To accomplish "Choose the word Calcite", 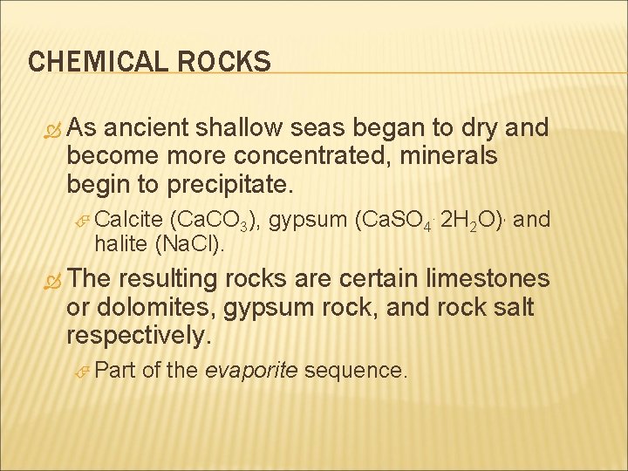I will pos(134,222).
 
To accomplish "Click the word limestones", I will pos(486,279).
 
